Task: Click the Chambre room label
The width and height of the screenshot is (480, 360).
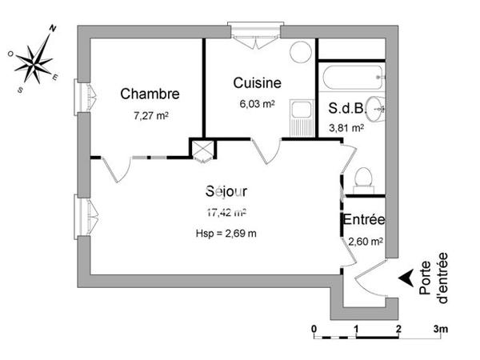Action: coord(150,94)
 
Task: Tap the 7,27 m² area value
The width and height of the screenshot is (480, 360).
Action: coord(150,115)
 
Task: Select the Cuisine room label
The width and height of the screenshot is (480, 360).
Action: coord(257,82)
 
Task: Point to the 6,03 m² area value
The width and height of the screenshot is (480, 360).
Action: coord(256,103)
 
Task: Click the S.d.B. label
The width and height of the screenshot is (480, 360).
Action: coord(347,110)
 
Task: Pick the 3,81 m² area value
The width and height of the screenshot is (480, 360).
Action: coord(347,127)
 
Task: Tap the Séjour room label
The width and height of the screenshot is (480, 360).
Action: coord(226,192)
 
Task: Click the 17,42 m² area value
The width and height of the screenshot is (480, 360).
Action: coord(226,213)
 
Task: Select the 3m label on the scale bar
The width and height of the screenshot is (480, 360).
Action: coord(441,330)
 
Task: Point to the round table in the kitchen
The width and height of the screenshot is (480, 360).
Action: coord(301,52)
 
